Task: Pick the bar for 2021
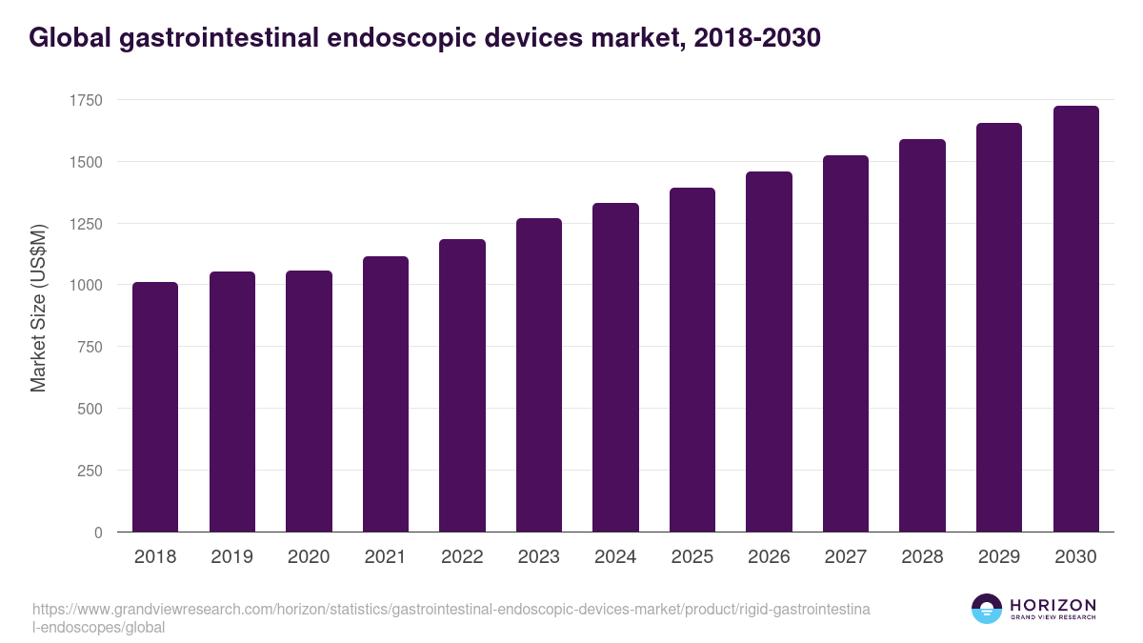click(386, 394)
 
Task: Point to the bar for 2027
click(846, 344)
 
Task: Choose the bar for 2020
click(309, 401)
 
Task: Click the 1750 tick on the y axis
click(86, 101)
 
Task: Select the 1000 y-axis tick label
click(86, 286)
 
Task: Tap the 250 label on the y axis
click(90, 471)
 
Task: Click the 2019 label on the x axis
click(231, 557)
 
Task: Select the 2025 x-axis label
click(692, 557)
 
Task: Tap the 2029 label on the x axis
click(999, 557)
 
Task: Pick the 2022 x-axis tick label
click(462, 557)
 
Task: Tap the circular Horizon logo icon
click(986, 609)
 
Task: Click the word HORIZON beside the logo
click(1053, 604)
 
